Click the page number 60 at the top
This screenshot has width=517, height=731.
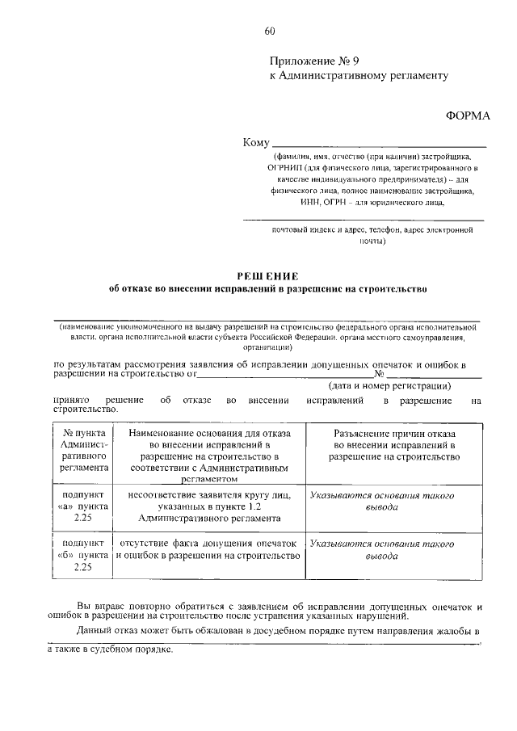270,32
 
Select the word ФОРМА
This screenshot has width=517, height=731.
469,116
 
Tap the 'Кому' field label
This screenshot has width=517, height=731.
256,143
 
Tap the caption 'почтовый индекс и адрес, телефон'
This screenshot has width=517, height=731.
372,234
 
